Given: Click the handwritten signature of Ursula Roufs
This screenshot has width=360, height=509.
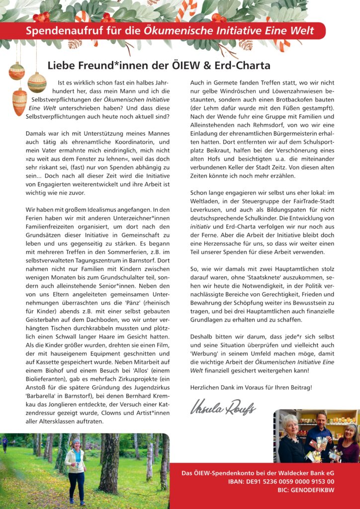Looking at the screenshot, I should (x=223, y=408).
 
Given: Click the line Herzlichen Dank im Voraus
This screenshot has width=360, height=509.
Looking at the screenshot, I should (x=251, y=387).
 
